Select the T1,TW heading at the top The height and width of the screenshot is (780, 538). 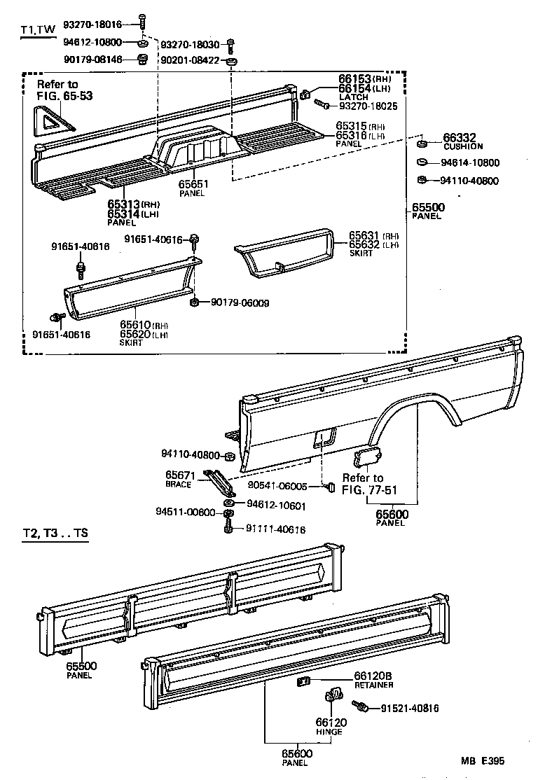[x=37, y=30]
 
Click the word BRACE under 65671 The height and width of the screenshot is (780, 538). [x=178, y=484]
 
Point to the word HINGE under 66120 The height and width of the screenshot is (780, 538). [x=329, y=731]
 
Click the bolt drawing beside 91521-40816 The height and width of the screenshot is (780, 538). [x=364, y=709]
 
